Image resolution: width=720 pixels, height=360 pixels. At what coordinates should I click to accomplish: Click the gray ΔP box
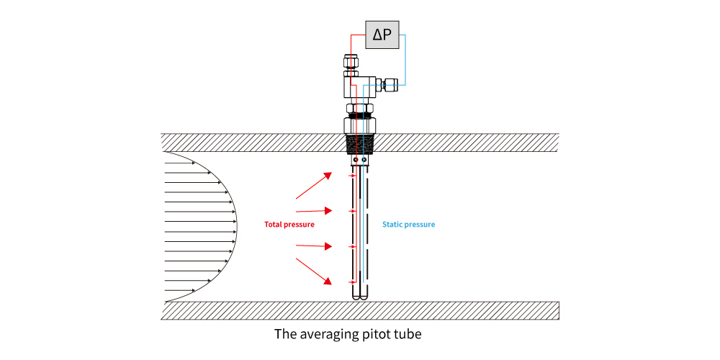(x=382, y=33)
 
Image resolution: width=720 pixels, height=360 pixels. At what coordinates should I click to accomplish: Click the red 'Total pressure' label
(x=289, y=225)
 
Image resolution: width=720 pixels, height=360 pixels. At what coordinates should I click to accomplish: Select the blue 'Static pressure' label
(x=408, y=225)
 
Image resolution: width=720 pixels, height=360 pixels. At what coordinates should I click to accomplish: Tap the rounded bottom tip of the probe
(x=360, y=295)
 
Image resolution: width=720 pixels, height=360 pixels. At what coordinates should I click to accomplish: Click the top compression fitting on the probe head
(x=351, y=63)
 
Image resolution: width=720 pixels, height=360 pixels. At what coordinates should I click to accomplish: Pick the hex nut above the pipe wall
(x=360, y=110)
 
